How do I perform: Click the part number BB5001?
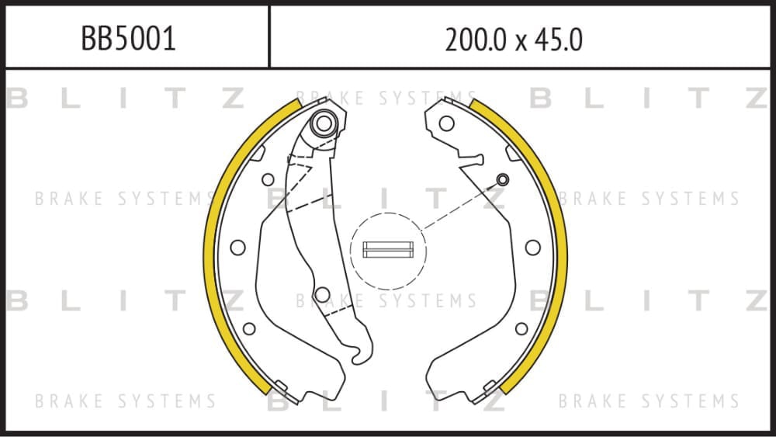point(128,39)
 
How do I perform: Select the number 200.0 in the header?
point(477,40)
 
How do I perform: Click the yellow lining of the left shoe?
point(209,248)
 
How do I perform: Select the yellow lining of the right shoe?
point(561,248)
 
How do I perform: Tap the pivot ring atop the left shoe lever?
point(324,123)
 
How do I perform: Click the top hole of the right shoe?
point(446,123)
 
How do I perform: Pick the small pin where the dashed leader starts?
point(502,179)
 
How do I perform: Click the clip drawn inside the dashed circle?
point(388,249)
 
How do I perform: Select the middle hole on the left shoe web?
point(238,248)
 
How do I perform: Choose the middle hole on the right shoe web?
point(533,248)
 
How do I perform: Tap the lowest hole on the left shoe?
point(249,328)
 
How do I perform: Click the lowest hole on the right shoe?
point(521,328)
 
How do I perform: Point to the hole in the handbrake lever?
point(322,294)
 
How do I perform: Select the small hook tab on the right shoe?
point(471,160)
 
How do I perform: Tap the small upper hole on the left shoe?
point(268,179)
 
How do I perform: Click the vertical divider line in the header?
point(269,36)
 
